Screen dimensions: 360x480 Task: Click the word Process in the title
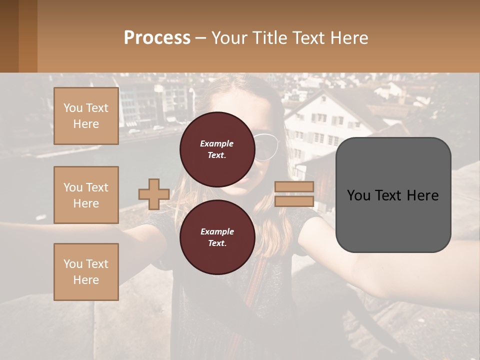[x=157, y=37]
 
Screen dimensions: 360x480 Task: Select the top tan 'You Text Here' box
[x=86, y=116]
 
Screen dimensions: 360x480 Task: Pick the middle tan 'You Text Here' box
[x=86, y=195]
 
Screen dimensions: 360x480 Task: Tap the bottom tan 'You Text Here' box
[x=86, y=271]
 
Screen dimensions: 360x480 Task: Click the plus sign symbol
[x=153, y=194]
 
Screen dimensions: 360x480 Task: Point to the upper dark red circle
[x=217, y=149]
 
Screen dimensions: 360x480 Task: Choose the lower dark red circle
[x=217, y=237]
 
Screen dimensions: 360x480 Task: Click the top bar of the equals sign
[x=294, y=187]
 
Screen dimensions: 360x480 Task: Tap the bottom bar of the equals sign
[x=294, y=201]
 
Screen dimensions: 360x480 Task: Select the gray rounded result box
[x=393, y=195]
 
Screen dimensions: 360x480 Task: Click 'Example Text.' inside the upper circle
[x=217, y=149]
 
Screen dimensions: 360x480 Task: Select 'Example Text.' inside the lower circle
[x=217, y=237]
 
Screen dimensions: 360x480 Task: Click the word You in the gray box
[x=358, y=195]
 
